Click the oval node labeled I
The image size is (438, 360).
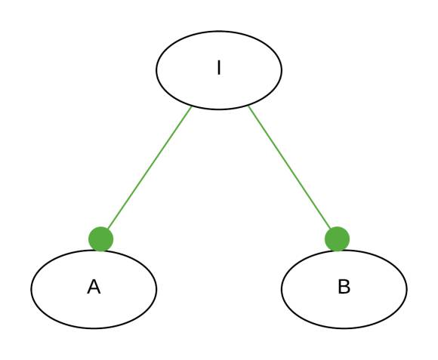[x=219, y=70]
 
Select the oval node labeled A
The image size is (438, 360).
[x=94, y=289]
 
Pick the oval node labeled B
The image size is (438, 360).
[x=344, y=289]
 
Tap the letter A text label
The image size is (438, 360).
[x=94, y=287]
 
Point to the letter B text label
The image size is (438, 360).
[x=344, y=287]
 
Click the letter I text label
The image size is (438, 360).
[x=219, y=68]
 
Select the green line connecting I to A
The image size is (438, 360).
[x=150, y=168]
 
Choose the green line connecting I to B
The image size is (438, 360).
[x=289, y=168]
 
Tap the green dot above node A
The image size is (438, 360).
[x=101, y=239]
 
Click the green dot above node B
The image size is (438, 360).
[x=337, y=239]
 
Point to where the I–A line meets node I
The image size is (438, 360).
[x=192, y=107]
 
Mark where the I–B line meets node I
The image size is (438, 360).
[x=248, y=106]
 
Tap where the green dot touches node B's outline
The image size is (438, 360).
[x=338, y=251]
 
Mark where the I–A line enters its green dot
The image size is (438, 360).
[x=108, y=229]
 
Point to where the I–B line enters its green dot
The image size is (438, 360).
[x=331, y=229]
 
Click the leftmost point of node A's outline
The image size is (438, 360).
[x=31, y=289]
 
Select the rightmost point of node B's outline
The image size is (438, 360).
[x=407, y=289]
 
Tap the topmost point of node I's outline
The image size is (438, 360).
[x=219, y=31]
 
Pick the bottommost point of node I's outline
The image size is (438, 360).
[x=219, y=109]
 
